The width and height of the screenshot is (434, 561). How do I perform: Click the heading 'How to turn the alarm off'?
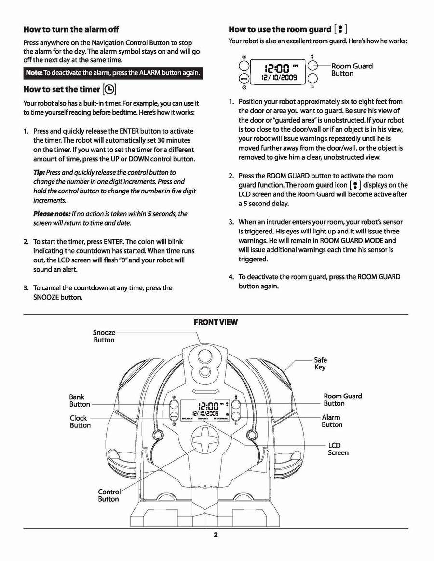pyautogui.click(x=71, y=29)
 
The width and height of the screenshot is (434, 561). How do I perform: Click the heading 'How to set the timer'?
pyautogui.click(x=61, y=89)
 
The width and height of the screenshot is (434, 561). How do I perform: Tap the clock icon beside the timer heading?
pyautogui.click(x=109, y=89)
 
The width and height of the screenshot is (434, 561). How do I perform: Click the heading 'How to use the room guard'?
pyautogui.click(x=279, y=29)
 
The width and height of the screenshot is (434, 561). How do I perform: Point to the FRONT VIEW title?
pyautogui.click(x=216, y=322)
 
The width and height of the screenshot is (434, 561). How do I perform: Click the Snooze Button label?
pyautogui.click(x=104, y=336)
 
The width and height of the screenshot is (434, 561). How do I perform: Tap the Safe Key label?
pyautogui.click(x=320, y=363)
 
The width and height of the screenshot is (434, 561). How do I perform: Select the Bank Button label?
pyautogui.click(x=80, y=400)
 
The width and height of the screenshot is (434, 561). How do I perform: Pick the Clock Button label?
pyautogui.click(x=80, y=422)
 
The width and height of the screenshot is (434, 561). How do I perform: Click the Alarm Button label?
pyautogui.click(x=332, y=421)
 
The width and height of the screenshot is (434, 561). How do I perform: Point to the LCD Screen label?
pyautogui.click(x=338, y=449)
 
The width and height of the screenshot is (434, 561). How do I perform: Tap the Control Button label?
pyautogui.click(x=109, y=495)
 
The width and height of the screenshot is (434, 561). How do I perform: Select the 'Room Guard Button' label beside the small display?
pyautogui.click(x=352, y=70)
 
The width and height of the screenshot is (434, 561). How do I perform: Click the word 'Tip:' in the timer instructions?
pyautogui.click(x=39, y=172)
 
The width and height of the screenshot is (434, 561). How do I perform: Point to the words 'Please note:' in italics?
pyautogui.click(x=52, y=214)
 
